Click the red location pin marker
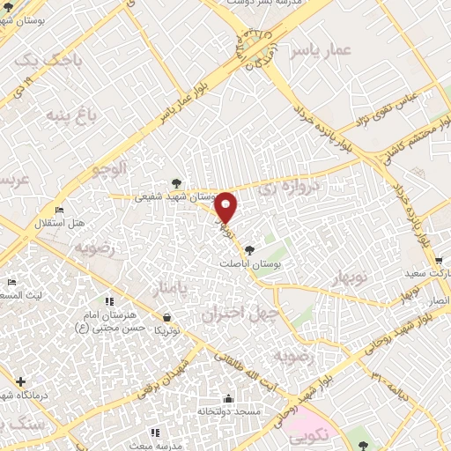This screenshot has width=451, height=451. (x=226, y=209)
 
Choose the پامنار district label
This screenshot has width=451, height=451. (x=165, y=288)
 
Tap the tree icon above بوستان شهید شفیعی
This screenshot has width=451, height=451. (x=178, y=184)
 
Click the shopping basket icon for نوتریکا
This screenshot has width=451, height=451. (x=166, y=315)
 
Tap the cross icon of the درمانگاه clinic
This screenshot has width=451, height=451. (x=20, y=381)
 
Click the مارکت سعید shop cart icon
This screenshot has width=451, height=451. (x=438, y=261)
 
